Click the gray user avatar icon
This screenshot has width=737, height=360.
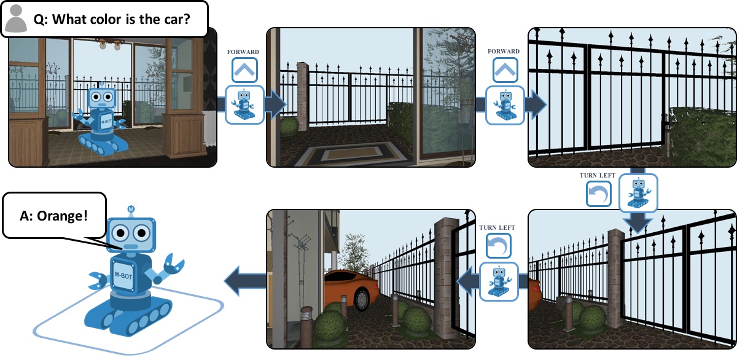point(15,19)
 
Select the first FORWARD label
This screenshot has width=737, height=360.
point(244,52)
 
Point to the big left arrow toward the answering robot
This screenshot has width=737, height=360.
point(244,283)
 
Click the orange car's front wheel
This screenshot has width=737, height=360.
point(361,297)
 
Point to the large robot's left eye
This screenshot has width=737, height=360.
point(121,233)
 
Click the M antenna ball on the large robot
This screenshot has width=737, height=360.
point(131,209)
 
